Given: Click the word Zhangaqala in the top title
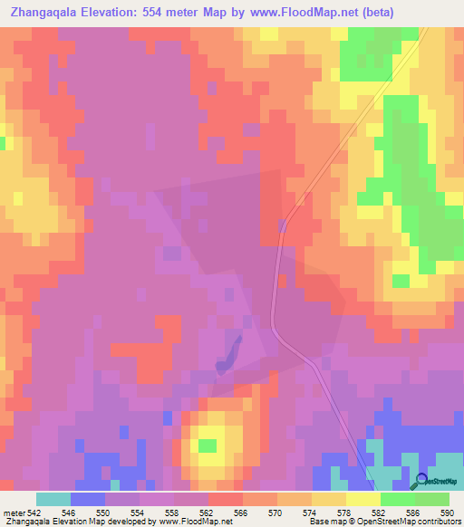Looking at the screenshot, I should pyautogui.click(x=41, y=12).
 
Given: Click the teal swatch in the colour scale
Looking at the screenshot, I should pyautogui.click(x=53, y=499).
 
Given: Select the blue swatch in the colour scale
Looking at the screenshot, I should pyautogui.click(x=87, y=499).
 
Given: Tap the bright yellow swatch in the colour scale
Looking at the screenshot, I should pyautogui.click(x=362, y=499).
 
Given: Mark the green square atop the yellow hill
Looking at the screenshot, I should pyautogui.click(x=208, y=445).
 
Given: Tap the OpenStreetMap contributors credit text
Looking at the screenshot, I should pyautogui.click(x=412, y=521).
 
